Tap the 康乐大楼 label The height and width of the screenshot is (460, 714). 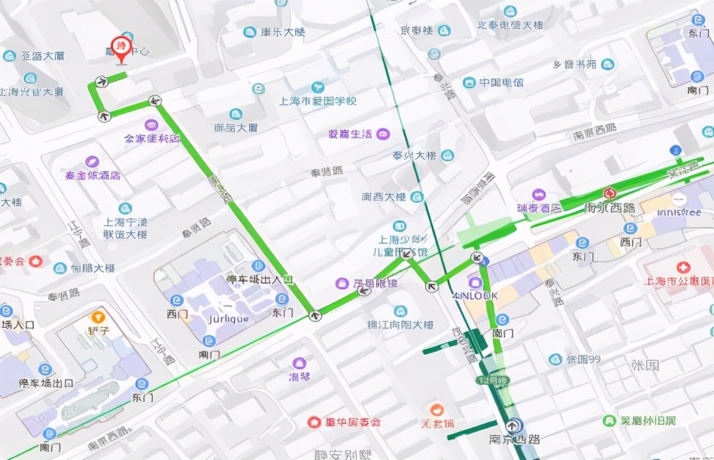coord(283,32)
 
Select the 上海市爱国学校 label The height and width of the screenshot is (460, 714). coord(317,101)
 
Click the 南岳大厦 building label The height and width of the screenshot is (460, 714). coord(236,127)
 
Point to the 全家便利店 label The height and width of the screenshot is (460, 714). coord(152,138)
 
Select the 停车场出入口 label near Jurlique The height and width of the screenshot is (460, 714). coord(260,280)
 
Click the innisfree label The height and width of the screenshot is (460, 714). coord(679,213)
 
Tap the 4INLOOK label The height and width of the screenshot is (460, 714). coord(475,295)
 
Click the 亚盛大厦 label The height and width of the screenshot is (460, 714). coord(43,56)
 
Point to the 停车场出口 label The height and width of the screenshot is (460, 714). coord(46,383)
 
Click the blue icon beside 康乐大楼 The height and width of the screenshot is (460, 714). coord(250,32)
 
